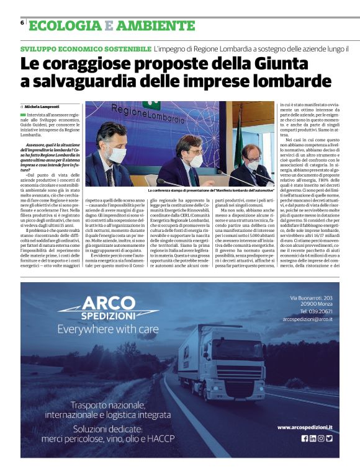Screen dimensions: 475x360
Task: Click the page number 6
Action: [x=22, y=22]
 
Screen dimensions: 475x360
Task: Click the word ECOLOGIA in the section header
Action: [x=64, y=26]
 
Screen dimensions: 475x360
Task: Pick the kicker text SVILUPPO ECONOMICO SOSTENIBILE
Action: [x=86, y=48]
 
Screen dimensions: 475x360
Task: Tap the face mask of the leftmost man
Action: [x=116, y=155]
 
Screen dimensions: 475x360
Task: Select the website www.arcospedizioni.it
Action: [x=305, y=427]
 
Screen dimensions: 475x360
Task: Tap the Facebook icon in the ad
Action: [x=305, y=438]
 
